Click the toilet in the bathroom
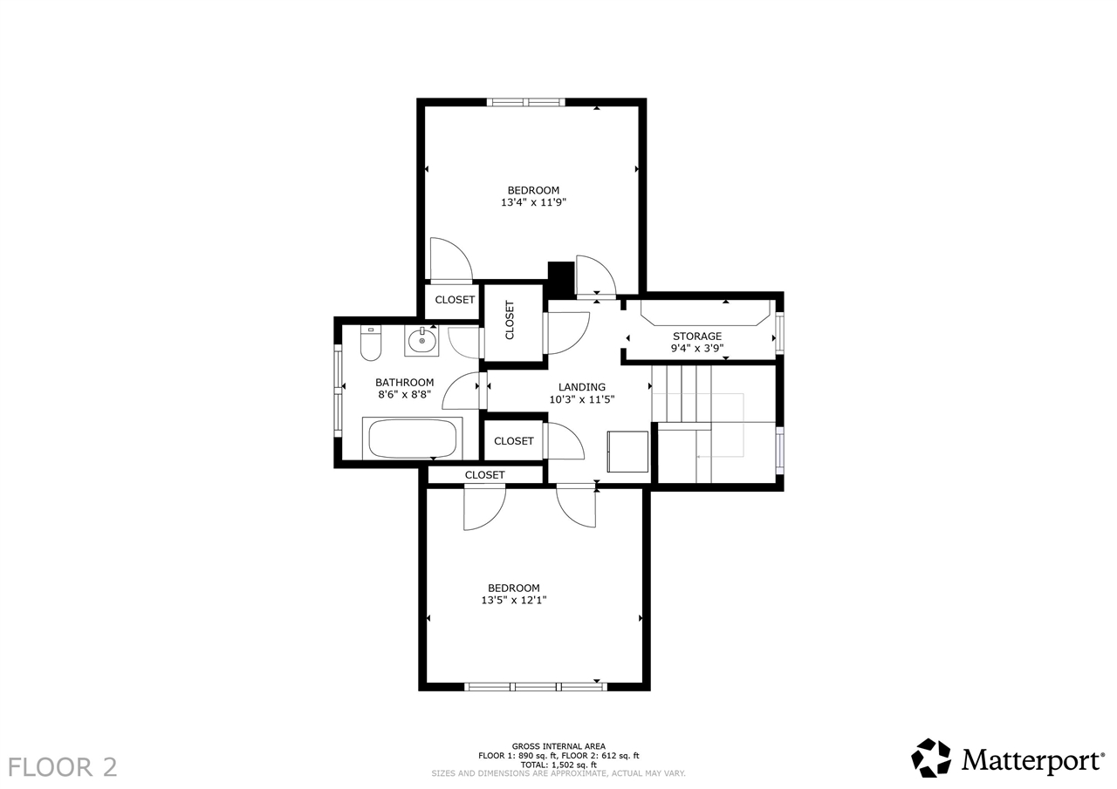(x=371, y=343)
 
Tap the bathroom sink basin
(x=421, y=341)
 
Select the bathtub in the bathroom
(x=413, y=438)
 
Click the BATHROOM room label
(x=404, y=382)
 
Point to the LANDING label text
(x=581, y=387)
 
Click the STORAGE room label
(x=696, y=336)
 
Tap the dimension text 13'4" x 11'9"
(x=533, y=202)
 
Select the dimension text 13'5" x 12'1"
(x=513, y=600)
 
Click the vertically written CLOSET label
(x=510, y=320)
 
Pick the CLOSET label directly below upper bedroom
(x=455, y=300)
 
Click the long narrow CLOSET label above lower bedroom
(x=484, y=475)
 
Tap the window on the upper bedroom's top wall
(x=525, y=102)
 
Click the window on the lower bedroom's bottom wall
(x=535, y=687)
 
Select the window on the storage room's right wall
(x=779, y=332)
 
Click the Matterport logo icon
(x=931, y=758)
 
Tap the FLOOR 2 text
(x=62, y=767)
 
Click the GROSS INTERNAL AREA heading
(x=558, y=746)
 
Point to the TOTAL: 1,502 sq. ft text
(x=558, y=765)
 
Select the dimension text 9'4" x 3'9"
(x=696, y=348)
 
